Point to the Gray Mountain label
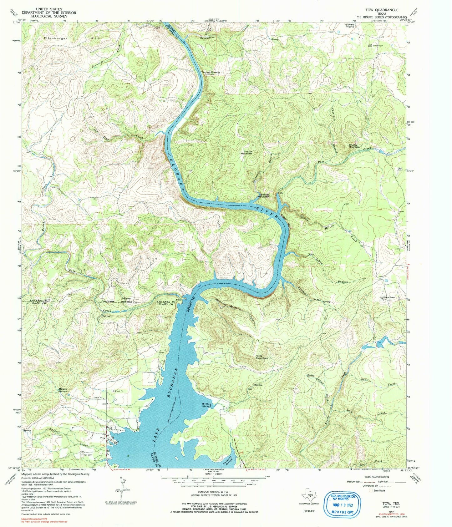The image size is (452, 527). pyautogui.click(x=262, y=357)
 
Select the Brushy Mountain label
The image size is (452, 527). pyautogui.click(x=354, y=146)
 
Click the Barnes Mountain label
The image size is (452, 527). pyautogui.click(x=263, y=195)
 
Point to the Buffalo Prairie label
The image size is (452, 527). pyautogui.click(x=350, y=26)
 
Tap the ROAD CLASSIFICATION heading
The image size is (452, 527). pyautogui.click(x=379, y=477)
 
